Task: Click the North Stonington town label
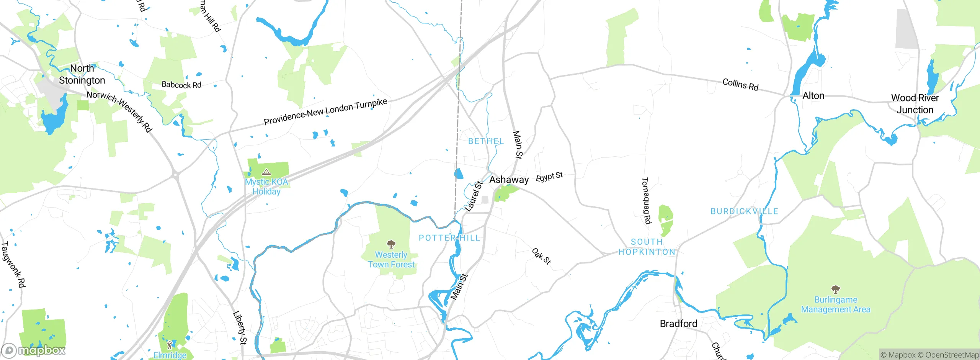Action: [82, 74]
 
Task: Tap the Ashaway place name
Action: [509, 180]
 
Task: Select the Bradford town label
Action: [678, 324]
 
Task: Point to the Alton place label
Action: [813, 96]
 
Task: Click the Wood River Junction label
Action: [915, 104]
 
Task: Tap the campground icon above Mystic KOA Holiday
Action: [266, 172]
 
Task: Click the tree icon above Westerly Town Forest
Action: [391, 244]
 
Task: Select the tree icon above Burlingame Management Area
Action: [836, 289]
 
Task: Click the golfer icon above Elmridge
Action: [170, 345]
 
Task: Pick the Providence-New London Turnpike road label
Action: [325, 111]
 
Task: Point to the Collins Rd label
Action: [740, 84]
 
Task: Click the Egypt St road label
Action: [549, 177]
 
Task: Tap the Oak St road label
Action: [541, 256]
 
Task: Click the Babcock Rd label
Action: [181, 85]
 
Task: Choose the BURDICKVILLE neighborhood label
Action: [744, 211]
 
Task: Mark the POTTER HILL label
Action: [449, 238]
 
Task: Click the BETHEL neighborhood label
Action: [486, 141]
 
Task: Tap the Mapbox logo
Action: [34, 350]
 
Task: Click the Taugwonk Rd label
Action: [13, 264]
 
